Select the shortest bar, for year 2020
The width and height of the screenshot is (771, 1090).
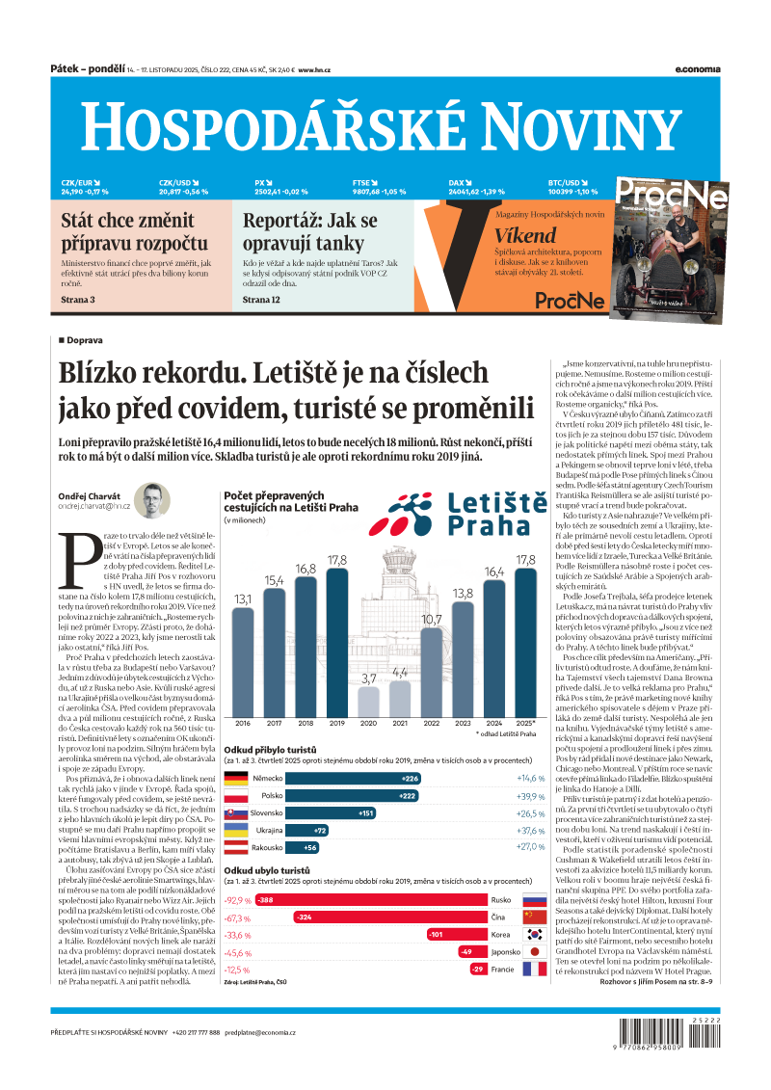click(369, 701)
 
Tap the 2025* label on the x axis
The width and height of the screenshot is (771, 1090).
click(526, 723)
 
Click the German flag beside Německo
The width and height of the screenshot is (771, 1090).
click(237, 778)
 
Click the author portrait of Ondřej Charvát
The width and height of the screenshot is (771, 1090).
click(152, 501)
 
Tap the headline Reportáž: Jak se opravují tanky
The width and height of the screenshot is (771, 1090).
click(309, 231)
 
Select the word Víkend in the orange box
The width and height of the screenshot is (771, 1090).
click(526, 235)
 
